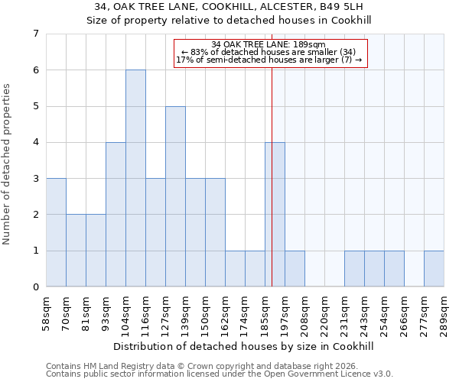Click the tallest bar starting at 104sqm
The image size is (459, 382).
tap(135, 178)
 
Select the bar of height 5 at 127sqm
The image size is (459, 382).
tap(175, 196)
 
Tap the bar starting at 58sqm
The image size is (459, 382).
tap(56, 232)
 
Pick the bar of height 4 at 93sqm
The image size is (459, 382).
tap(116, 214)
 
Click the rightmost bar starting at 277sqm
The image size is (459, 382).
tap(434, 268)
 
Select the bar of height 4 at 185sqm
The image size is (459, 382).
tap(275, 214)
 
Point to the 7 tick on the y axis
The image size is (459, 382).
tap(35, 34)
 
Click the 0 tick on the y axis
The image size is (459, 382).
tap(35, 286)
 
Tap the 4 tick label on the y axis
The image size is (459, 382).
tap(35, 142)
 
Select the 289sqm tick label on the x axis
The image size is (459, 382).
tap(444, 314)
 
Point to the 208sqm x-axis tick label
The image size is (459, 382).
tap(305, 314)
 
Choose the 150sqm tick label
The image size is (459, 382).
tap(206, 314)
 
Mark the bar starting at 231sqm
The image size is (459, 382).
tap(354, 268)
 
